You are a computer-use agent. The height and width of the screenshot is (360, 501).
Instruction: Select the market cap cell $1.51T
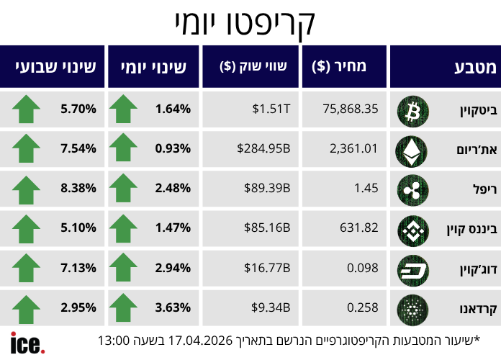(x=271, y=109)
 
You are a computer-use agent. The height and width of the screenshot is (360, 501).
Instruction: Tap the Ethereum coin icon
(x=412, y=149)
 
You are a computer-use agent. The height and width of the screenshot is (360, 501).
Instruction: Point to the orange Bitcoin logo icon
(x=412, y=110)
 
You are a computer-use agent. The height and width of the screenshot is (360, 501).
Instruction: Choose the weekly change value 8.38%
(x=79, y=189)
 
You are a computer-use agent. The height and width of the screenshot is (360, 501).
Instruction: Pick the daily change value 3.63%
(x=173, y=308)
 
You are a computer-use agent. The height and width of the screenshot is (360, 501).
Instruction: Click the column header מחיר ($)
(x=339, y=67)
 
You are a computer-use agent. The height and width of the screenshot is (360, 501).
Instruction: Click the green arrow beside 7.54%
(x=27, y=149)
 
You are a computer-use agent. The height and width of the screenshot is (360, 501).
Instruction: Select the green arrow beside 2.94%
(x=123, y=269)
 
